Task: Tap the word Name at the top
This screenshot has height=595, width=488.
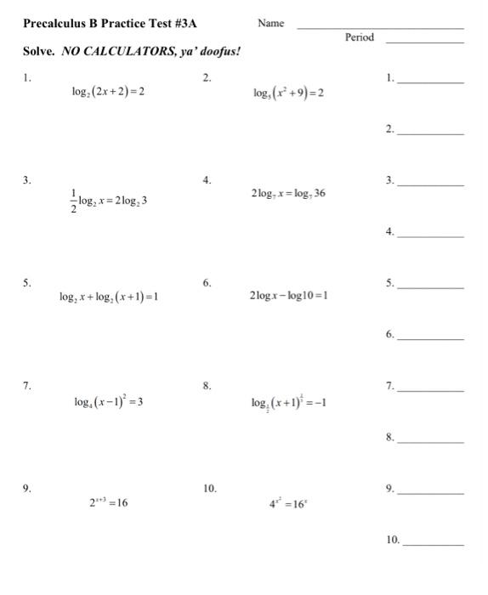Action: pyautogui.click(x=270, y=23)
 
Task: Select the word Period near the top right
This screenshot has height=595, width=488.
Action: pyautogui.click(x=360, y=37)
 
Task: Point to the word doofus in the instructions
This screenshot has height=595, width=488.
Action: pyautogui.click(x=219, y=52)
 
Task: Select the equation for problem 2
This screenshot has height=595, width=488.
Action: pyautogui.click(x=287, y=92)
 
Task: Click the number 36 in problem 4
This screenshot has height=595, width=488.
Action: pyautogui.click(x=318, y=194)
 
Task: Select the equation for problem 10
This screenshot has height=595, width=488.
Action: pyautogui.click(x=287, y=503)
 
